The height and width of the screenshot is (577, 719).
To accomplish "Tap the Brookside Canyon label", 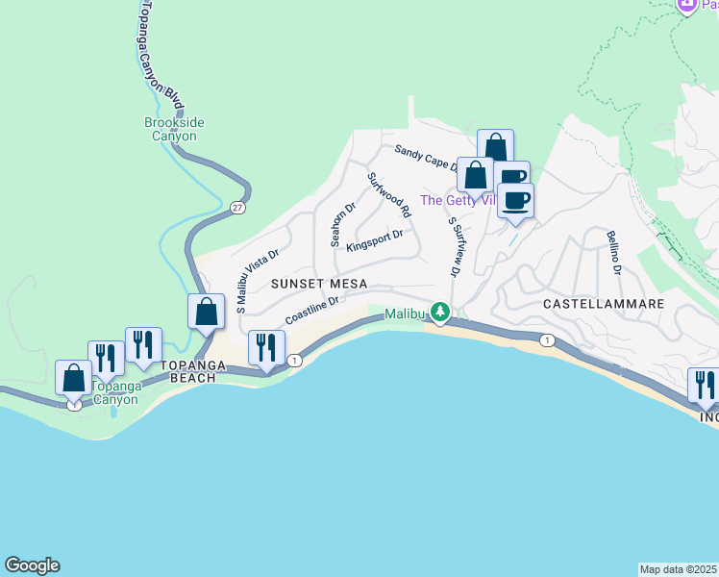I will pos(174,129).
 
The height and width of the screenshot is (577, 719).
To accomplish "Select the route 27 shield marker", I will pos(237,207).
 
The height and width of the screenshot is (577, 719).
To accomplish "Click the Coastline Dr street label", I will pos(312,310).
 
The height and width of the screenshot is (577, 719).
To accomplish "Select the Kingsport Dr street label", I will pos(374,239).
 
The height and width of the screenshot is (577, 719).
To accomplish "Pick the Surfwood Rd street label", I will pos(389,193).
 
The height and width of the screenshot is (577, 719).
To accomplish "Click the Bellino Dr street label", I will pos(612,252).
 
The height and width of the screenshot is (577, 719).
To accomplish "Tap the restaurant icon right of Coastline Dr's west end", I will pos(264,347).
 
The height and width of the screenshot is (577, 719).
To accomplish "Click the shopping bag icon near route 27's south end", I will pos(206,311).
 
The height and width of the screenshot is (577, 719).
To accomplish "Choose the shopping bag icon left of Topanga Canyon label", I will pos(73,377).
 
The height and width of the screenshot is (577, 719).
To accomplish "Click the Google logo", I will pos(32,565).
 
